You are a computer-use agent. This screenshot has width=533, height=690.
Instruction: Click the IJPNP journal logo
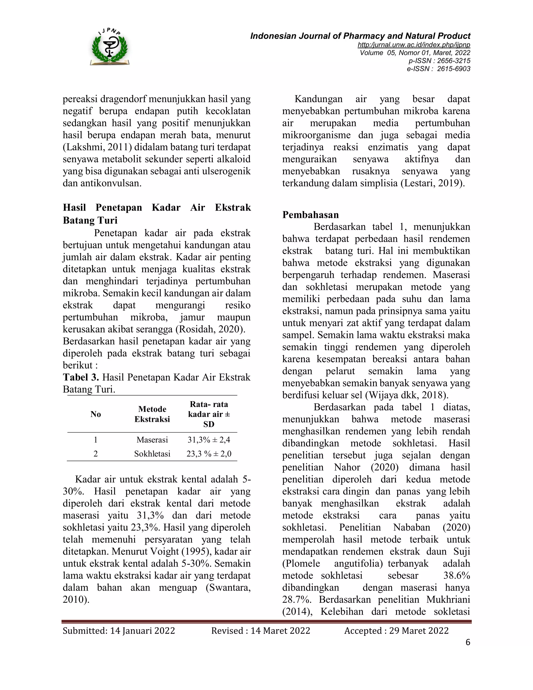[110, 47]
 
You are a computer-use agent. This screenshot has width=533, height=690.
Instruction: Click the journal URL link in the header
[414, 45]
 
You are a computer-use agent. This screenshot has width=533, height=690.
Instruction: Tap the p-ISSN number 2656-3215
[453, 61]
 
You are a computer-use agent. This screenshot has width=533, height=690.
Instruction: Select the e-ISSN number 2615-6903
[453, 69]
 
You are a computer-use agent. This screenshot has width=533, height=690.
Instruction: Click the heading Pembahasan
[310, 215]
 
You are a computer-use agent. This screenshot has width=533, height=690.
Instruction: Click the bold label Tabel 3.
[81, 377]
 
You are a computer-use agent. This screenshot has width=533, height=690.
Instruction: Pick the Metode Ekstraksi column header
[152, 414]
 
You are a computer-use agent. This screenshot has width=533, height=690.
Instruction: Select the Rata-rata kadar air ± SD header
[209, 414]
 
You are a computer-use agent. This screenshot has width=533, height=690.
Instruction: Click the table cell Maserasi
[152, 440]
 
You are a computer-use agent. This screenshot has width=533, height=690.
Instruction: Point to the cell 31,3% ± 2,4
[209, 440]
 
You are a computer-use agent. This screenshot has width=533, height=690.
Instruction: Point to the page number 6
[468, 642]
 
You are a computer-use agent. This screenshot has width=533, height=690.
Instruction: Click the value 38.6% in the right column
[456, 575]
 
